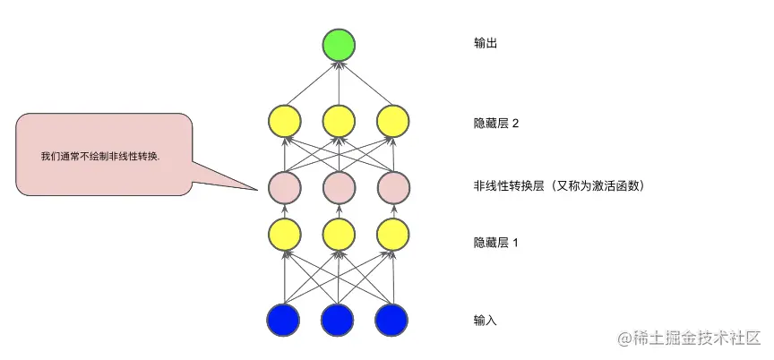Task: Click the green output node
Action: point(339,45)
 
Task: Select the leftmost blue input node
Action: point(284,319)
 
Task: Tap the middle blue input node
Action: point(338,319)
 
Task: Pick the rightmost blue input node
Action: point(391,319)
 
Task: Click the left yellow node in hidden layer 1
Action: point(284,236)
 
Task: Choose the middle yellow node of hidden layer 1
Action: point(338,236)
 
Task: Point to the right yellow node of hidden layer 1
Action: point(391,236)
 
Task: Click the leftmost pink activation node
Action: point(284,187)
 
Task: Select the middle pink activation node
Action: point(338,187)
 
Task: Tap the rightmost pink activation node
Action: point(391,187)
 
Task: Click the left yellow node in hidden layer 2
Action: point(284,121)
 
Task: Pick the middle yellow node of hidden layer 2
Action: point(338,121)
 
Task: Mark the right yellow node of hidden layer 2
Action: point(391,121)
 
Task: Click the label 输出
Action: point(485,42)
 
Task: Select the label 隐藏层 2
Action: point(496,124)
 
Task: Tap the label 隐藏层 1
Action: point(496,242)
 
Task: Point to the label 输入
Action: point(485,320)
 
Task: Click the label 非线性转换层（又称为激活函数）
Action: point(560,186)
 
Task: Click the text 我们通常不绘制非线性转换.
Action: point(100,156)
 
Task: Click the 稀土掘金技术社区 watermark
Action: point(689,338)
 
